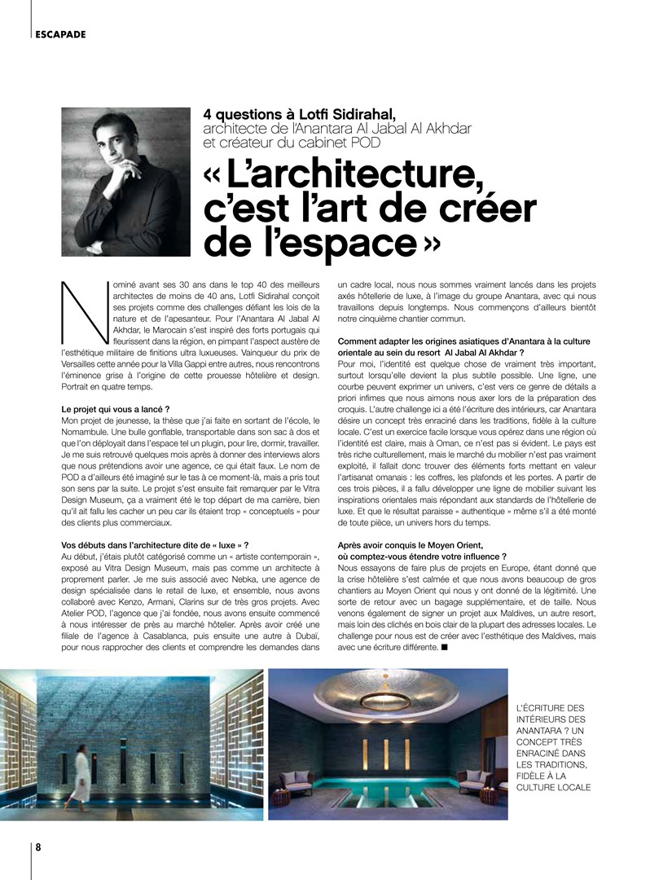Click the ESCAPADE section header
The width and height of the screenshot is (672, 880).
point(61,34)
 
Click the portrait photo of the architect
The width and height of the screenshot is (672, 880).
point(125,183)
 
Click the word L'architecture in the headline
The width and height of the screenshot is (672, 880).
point(351,172)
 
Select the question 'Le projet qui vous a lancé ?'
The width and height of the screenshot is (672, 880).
point(116,407)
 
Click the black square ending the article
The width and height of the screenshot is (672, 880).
point(444,648)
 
